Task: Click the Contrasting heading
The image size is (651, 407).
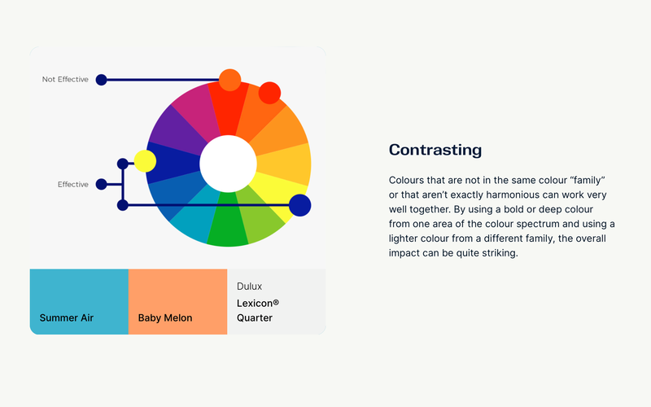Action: tap(435, 150)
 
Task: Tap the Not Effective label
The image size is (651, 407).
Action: tap(65, 79)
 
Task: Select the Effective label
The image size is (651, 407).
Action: tap(73, 185)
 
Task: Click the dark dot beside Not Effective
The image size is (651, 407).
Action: tap(101, 80)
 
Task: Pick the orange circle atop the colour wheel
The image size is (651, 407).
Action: tap(229, 80)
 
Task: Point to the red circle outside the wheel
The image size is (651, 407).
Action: tap(269, 93)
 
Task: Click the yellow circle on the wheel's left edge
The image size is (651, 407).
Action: tap(145, 161)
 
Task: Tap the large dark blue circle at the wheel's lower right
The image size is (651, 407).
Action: tap(299, 205)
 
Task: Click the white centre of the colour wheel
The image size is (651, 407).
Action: tap(229, 164)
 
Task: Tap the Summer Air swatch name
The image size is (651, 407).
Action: tap(67, 318)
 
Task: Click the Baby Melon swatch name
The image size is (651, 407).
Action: tap(165, 318)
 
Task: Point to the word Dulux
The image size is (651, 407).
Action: tap(250, 287)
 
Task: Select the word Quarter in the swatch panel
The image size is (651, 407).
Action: tap(255, 318)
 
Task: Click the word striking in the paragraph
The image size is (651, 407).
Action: tap(500, 253)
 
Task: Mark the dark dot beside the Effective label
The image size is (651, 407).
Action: tap(101, 185)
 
